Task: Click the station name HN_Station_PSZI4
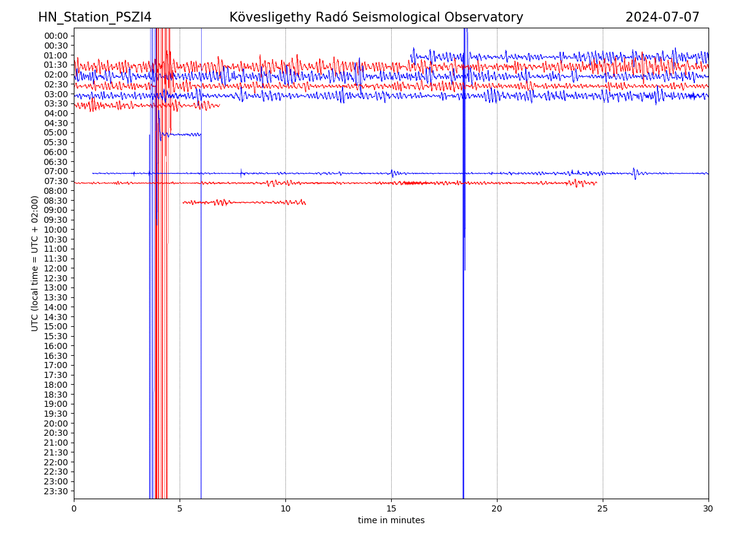tap(95, 17)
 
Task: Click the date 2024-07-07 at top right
tap(662, 17)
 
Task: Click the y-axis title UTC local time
tap(35, 263)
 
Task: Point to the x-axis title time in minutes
tap(391, 520)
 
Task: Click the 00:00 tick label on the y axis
tap(56, 36)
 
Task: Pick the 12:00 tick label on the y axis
tap(56, 268)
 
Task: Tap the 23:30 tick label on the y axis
tap(56, 491)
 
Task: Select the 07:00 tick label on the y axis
tap(56, 171)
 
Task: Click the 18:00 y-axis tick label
tap(56, 385)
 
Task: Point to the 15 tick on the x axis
tap(391, 509)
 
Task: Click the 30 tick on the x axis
tap(708, 509)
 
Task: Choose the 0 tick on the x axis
tap(74, 509)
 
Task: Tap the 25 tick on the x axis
tap(603, 509)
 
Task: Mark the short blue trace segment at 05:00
tap(181, 134)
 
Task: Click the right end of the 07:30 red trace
tap(596, 183)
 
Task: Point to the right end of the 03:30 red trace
tap(219, 106)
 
